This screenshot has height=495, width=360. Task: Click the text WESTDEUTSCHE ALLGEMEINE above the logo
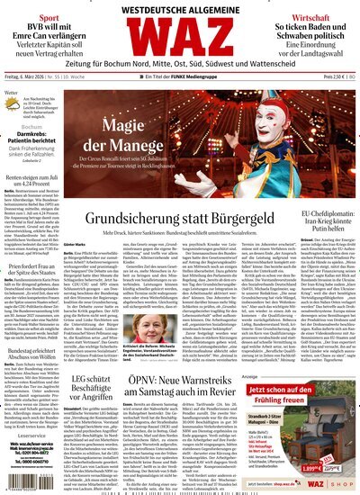pos(180,9)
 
